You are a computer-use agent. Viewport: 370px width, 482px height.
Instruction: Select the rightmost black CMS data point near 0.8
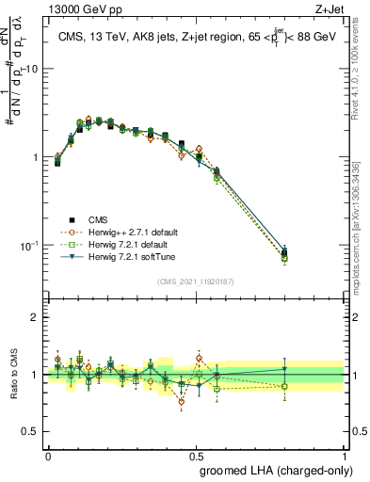point(284,251)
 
